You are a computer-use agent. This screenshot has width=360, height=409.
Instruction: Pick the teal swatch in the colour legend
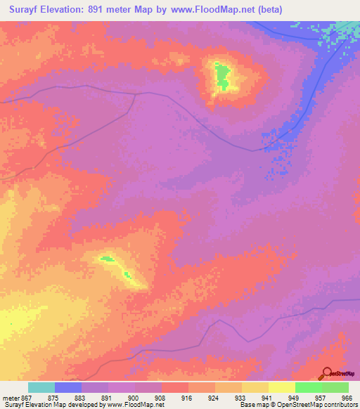point(41,387)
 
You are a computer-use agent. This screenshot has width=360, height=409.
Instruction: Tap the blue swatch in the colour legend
point(68,387)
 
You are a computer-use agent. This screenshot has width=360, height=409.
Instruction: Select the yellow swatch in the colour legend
point(282,387)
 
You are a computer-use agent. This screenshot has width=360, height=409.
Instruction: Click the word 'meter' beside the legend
point(11,397)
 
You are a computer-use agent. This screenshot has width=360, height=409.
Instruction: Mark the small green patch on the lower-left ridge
point(108,259)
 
